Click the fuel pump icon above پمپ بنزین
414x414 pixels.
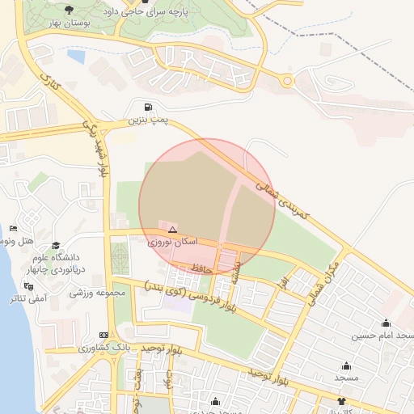[147, 107]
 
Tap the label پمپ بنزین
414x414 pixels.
[147, 120]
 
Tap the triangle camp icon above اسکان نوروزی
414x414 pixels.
[172, 230]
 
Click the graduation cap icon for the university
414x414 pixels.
[56, 246]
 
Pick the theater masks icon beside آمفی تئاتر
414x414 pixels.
[29, 286]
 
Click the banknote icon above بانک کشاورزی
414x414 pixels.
[103, 335]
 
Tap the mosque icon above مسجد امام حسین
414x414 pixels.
[386, 323]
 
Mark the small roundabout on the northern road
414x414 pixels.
[286, 80]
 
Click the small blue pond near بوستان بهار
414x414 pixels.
[76, 57]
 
